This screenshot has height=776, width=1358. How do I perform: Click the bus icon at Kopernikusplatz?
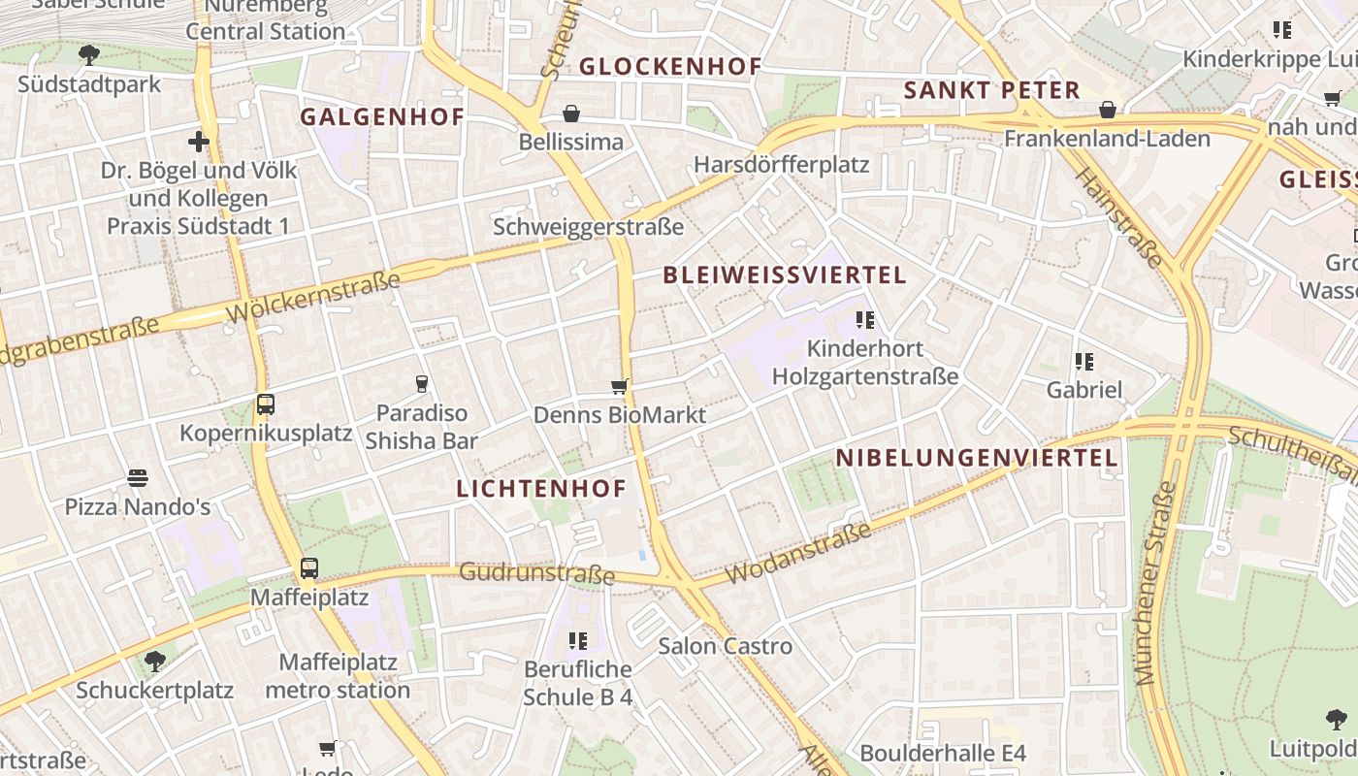coord(266,404)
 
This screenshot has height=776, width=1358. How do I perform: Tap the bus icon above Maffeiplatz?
coord(308,568)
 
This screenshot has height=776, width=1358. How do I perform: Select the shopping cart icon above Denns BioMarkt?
coord(620,387)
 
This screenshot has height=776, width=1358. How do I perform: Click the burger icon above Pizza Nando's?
coord(137,478)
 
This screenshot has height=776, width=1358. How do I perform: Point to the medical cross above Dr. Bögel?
coord(199,143)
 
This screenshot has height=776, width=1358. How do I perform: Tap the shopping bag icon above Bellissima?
coord(571,114)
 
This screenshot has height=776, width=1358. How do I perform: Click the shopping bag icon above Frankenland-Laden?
coord(1107,111)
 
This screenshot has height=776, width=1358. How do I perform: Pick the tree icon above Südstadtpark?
coord(89,54)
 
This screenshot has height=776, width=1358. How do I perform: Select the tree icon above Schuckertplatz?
coord(154,662)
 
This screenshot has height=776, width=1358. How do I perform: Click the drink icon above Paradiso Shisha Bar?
coord(421,384)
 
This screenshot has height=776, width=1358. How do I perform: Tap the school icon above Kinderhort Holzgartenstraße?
coord(865,319)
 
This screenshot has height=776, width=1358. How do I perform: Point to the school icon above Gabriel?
coord(1084,362)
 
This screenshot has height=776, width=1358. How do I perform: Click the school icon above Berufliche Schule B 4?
coord(578,640)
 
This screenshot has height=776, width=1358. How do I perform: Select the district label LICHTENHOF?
coord(541,489)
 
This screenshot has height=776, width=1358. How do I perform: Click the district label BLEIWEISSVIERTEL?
coord(785,275)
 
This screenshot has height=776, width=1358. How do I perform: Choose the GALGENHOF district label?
coord(381,117)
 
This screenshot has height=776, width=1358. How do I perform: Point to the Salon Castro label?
coord(726,646)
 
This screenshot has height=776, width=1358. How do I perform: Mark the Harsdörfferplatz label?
coord(781,165)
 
